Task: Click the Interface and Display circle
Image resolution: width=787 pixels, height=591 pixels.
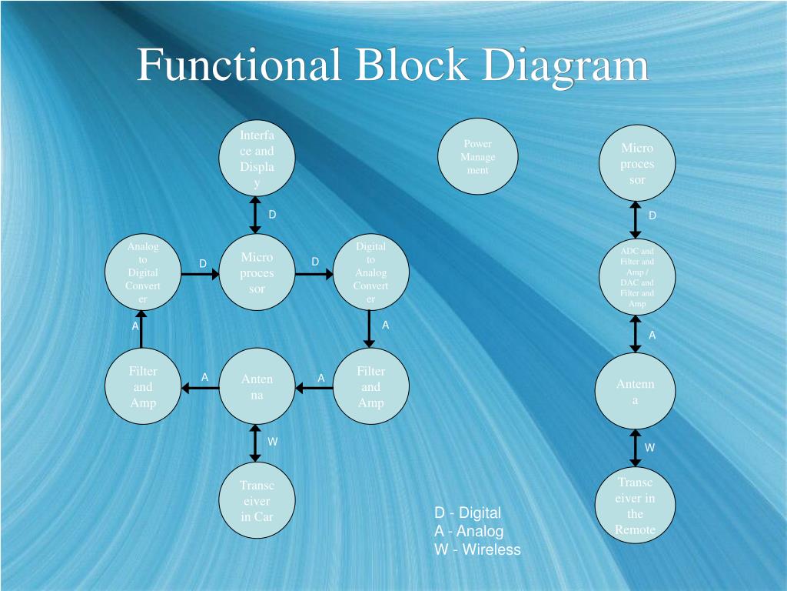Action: tap(257, 159)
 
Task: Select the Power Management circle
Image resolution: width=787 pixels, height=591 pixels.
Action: tap(477, 157)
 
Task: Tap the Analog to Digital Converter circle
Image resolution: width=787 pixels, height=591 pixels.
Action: tap(143, 272)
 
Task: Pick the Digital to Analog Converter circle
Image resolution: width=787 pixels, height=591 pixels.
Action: tap(370, 272)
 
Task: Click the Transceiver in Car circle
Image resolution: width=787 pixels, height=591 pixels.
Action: tap(257, 501)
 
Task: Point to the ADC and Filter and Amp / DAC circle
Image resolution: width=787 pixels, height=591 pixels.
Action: tap(636, 277)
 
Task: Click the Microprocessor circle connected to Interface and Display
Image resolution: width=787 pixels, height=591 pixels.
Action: tap(257, 272)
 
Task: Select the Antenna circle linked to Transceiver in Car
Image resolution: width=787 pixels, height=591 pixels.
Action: tap(257, 387)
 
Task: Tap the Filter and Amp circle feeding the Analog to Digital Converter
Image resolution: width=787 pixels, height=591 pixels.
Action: tap(143, 387)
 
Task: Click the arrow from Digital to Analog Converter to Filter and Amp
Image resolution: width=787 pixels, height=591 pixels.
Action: tap(370, 329)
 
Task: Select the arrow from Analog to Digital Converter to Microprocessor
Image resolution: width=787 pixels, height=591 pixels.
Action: tap(200, 273)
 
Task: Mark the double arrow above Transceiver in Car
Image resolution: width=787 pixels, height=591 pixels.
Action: tap(256, 444)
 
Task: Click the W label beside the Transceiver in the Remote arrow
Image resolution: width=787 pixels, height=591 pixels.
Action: tap(649, 447)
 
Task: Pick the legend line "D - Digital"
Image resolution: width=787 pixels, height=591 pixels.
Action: tap(467, 513)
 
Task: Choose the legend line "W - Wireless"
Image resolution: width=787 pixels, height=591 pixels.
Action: tap(477, 549)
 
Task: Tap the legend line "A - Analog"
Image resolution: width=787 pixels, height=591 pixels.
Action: tap(469, 531)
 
